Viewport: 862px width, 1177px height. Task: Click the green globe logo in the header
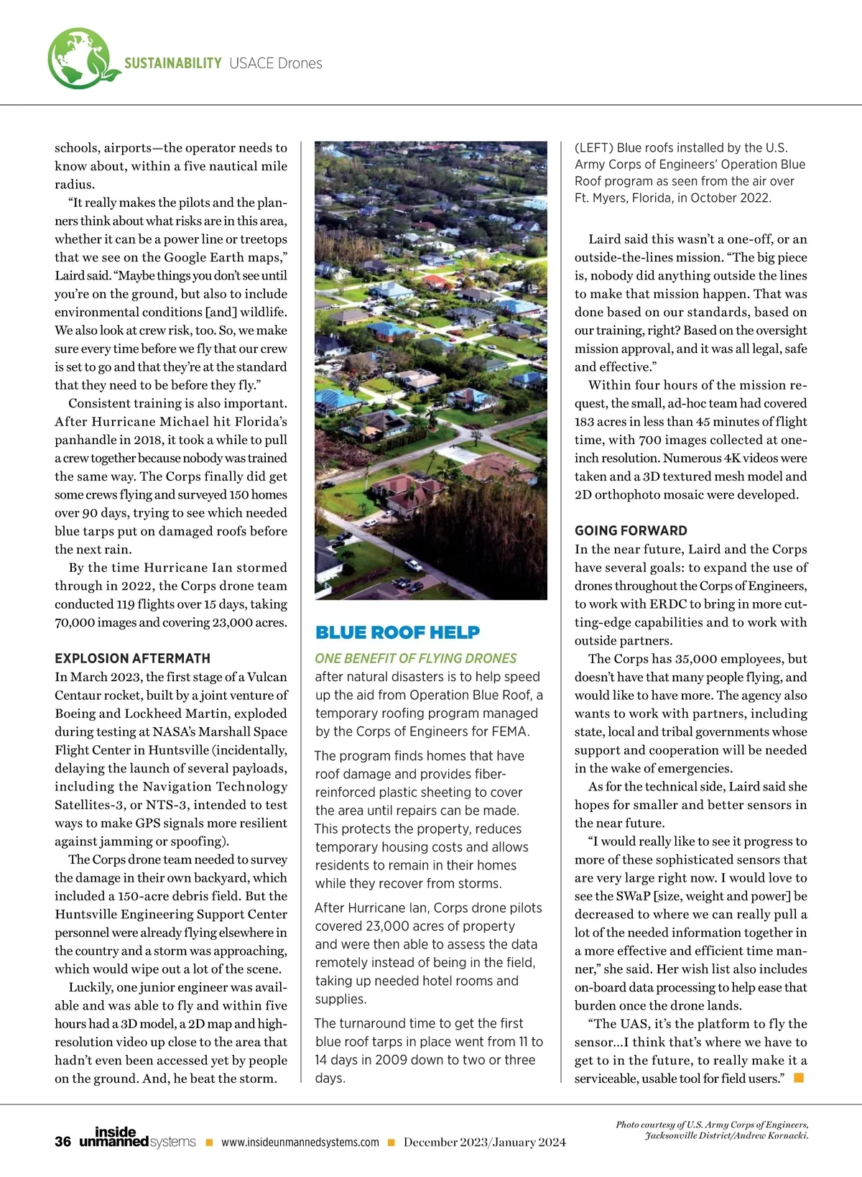[80, 59]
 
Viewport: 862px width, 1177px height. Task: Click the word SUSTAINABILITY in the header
[172, 63]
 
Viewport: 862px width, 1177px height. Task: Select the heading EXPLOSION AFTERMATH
[132, 658]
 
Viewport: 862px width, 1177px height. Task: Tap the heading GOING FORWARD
[631, 531]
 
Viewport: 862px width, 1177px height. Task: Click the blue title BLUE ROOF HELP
[397, 632]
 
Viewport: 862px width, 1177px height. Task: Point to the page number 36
[62, 1142]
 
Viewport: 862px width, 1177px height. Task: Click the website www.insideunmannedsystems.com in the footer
[300, 1143]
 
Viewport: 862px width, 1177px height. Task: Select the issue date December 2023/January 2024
[484, 1143]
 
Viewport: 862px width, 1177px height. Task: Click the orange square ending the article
[798, 1078]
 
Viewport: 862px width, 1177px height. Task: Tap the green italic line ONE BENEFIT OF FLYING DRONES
[415, 658]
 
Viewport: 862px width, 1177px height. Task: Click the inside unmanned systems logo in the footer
[136, 1137]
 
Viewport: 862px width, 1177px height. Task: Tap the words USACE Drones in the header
[276, 63]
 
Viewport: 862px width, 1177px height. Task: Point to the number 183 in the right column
[586, 422]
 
